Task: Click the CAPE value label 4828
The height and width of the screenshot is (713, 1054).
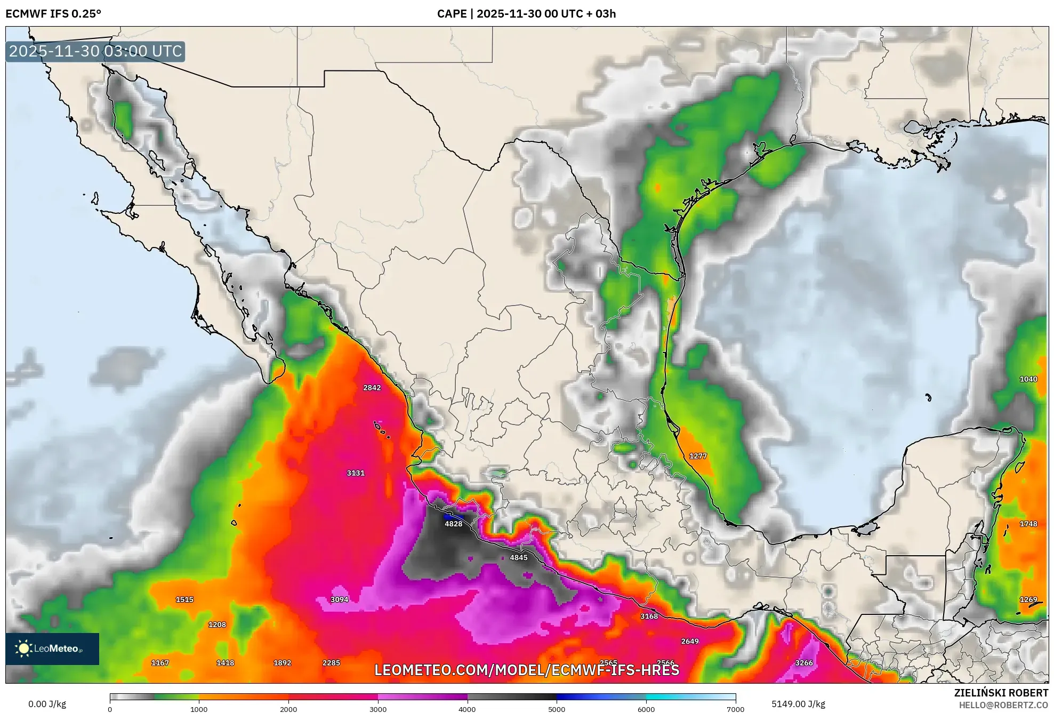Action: tap(453, 524)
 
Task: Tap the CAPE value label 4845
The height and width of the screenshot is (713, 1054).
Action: tap(518, 557)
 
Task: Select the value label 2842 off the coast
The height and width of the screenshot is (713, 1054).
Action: tap(372, 388)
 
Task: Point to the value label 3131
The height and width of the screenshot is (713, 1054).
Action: tap(355, 473)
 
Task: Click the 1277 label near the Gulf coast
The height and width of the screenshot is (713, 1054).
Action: tap(697, 456)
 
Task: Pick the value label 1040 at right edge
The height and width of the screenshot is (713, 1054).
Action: tap(1028, 379)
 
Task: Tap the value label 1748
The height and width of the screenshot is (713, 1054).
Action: tap(1028, 524)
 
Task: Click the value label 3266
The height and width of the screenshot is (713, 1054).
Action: tap(803, 663)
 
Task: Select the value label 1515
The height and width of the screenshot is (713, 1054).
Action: tap(184, 599)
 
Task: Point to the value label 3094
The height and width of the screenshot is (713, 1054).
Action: tap(339, 599)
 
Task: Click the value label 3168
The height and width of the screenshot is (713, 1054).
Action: tap(649, 616)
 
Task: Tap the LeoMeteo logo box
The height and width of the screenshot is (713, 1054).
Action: tap(52, 648)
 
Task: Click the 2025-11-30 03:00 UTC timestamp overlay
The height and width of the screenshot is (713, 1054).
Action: tap(95, 51)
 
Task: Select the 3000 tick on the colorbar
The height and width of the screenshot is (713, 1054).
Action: tap(378, 709)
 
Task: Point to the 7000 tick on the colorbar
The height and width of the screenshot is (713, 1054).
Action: tap(735, 709)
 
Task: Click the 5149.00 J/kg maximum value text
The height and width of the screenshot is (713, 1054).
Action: tap(798, 704)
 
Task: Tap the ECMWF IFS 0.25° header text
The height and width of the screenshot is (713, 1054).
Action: tap(53, 14)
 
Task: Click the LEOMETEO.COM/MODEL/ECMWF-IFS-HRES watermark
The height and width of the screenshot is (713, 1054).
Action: tap(526, 670)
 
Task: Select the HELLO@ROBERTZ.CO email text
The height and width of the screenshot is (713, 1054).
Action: tap(1003, 705)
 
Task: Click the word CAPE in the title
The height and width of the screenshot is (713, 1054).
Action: tap(452, 14)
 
